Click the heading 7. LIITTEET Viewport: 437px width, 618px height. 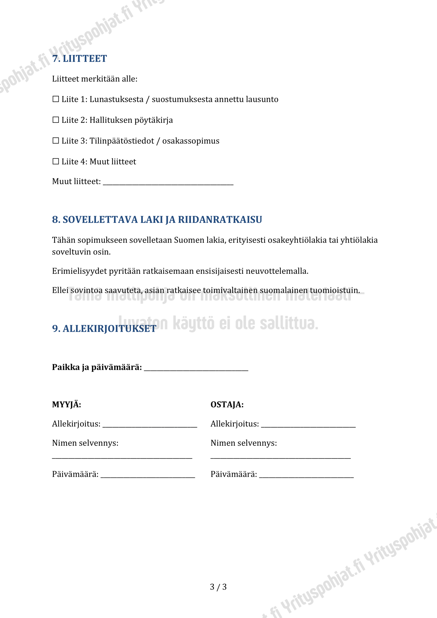point(80,59)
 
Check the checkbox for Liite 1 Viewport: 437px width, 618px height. point(56,99)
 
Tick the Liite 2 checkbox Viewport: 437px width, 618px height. point(56,120)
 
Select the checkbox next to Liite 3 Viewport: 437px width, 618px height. point(56,140)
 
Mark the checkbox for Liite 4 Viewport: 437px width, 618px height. point(56,161)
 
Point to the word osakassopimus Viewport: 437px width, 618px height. point(191,141)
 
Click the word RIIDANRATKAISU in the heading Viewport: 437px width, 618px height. point(220,220)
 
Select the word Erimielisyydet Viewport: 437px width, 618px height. point(79,271)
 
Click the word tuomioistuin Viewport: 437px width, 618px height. point(335,290)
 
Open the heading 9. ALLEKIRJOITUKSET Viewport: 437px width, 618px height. point(104,329)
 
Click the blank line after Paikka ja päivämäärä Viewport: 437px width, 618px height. point(196,368)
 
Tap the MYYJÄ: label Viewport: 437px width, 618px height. point(66,405)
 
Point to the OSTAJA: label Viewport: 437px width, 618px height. point(227,405)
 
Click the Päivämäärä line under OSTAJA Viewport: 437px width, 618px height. point(306,475)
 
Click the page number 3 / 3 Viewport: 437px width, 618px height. point(218,587)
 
